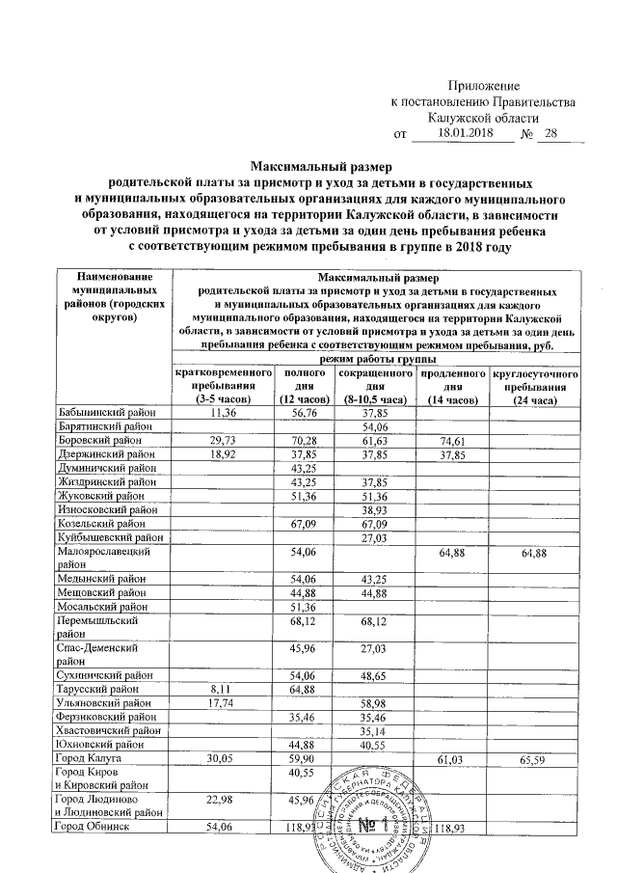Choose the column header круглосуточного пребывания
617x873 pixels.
(534, 386)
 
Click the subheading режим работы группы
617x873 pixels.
(377, 359)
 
